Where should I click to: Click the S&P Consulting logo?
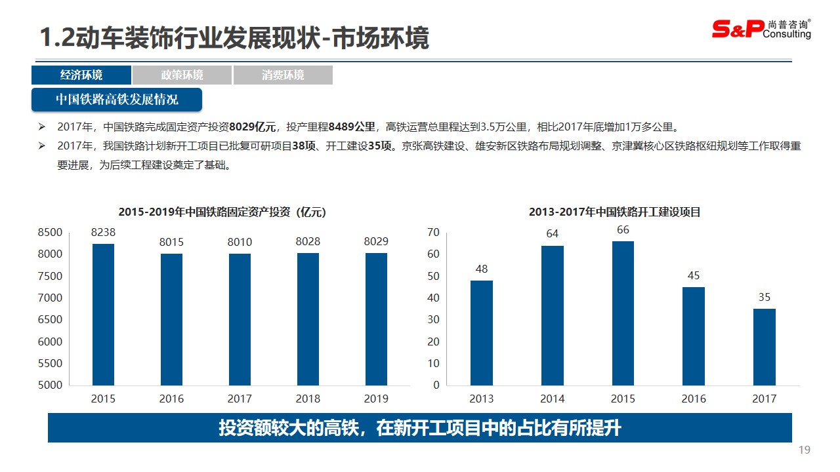pyautogui.click(x=761, y=28)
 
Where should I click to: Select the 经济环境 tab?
pyautogui.click(x=81, y=75)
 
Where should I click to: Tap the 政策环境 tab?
pyautogui.click(x=182, y=75)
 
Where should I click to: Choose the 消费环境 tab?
pyautogui.click(x=283, y=75)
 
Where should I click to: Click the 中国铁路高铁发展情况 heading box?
pyautogui.click(x=117, y=100)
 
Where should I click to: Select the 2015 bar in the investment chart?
pyautogui.click(x=103, y=315)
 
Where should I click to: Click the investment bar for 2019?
pyautogui.click(x=376, y=319)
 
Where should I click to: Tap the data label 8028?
pyautogui.click(x=308, y=241)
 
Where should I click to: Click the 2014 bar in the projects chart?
pyautogui.click(x=553, y=315)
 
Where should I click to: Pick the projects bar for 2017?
pyautogui.click(x=765, y=347)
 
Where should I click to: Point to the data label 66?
pyautogui.click(x=623, y=229)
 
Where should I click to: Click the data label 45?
pyautogui.click(x=694, y=275)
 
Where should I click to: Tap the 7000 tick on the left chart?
pyautogui.click(x=51, y=298)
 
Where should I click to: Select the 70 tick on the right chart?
pyautogui.click(x=433, y=232)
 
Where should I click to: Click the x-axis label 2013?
pyautogui.click(x=481, y=399)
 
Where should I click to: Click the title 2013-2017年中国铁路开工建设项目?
pyautogui.click(x=615, y=212)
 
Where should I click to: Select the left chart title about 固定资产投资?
pyautogui.click(x=222, y=212)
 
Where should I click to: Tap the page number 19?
pyautogui.click(x=805, y=450)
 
